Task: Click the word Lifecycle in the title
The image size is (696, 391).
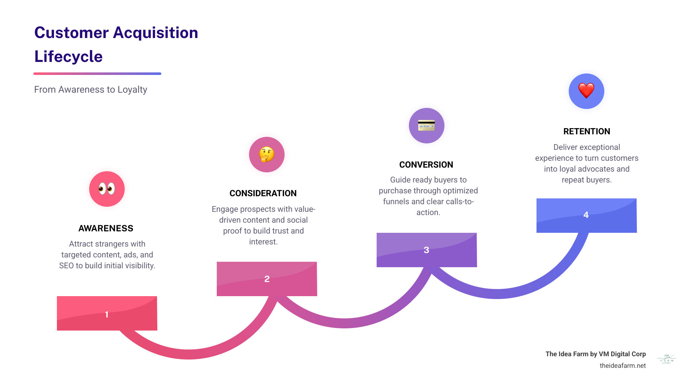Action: click(69, 56)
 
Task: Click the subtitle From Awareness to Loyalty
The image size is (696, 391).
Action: click(91, 89)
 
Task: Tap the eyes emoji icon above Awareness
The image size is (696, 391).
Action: click(107, 189)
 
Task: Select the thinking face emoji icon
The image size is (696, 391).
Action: click(267, 155)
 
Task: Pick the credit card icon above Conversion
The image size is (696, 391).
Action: click(426, 126)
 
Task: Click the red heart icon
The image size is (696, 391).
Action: click(586, 91)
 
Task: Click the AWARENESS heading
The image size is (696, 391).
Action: click(106, 228)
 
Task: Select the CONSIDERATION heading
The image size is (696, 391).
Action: click(263, 193)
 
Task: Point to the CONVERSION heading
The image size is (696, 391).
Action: click(426, 165)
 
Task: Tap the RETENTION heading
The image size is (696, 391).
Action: click(587, 131)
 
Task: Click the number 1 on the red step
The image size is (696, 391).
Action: click(107, 314)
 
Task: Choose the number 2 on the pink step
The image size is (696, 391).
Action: click(267, 279)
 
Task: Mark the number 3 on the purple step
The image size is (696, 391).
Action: click(426, 250)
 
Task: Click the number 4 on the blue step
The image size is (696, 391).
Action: click(586, 215)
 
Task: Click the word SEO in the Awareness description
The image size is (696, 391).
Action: click(66, 265)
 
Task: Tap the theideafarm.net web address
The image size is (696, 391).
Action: click(622, 365)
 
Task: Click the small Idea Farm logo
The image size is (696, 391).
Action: click(666, 359)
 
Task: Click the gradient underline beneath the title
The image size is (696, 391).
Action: click(97, 73)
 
